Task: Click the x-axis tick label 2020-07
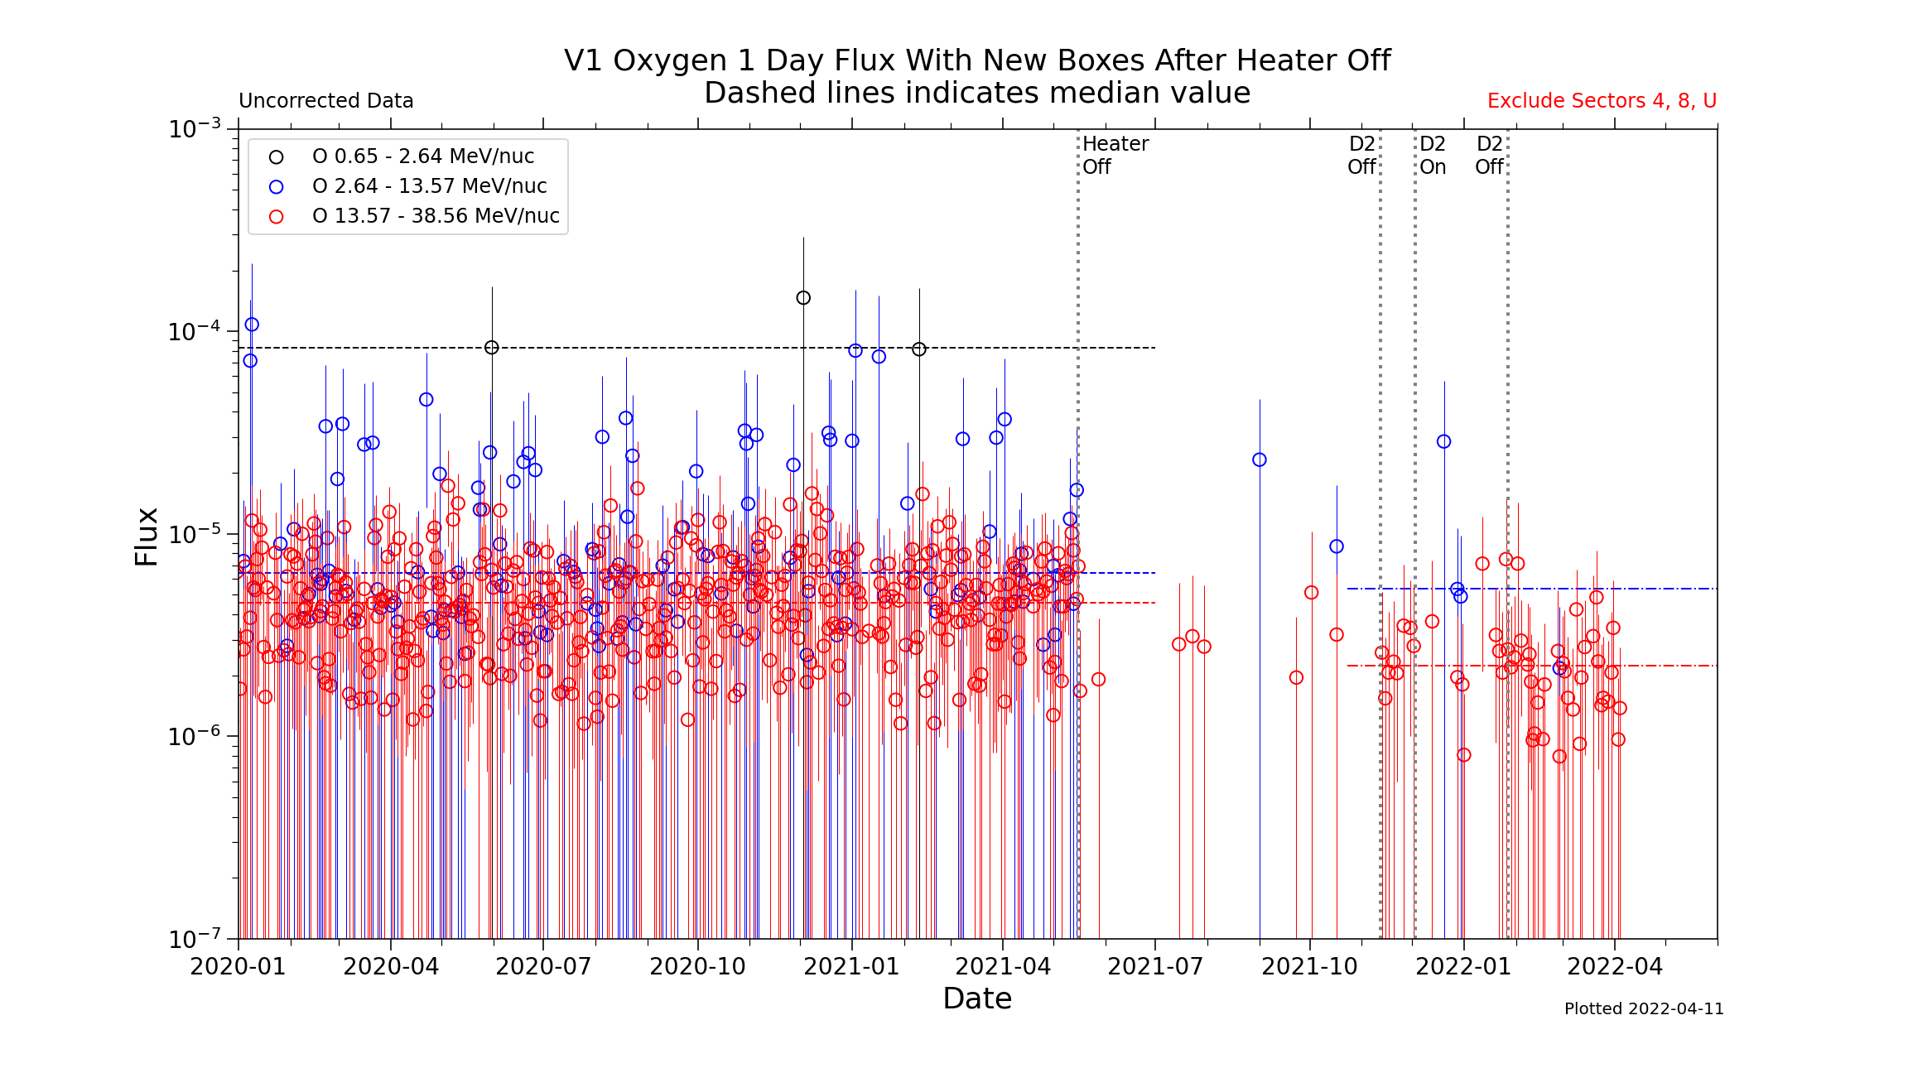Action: [x=543, y=967]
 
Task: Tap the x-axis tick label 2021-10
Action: [x=1309, y=967]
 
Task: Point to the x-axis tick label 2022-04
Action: [x=1615, y=967]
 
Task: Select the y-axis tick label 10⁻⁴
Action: [x=195, y=332]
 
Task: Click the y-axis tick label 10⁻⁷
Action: [x=195, y=940]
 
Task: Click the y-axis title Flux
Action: [x=147, y=536]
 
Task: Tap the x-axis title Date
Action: [x=977, y=999]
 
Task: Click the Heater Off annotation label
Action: [x=1115, y=155]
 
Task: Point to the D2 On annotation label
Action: [x=1433, y=155]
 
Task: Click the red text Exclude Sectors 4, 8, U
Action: [x=1602, y=101]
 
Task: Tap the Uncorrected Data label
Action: [x=325, y=101]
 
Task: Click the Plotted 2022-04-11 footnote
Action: [x=1643, y=1009]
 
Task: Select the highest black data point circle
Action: [x=803, y=298]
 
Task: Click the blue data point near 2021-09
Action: [x=1260, y=460]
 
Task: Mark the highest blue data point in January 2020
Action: [x=252, y=325]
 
